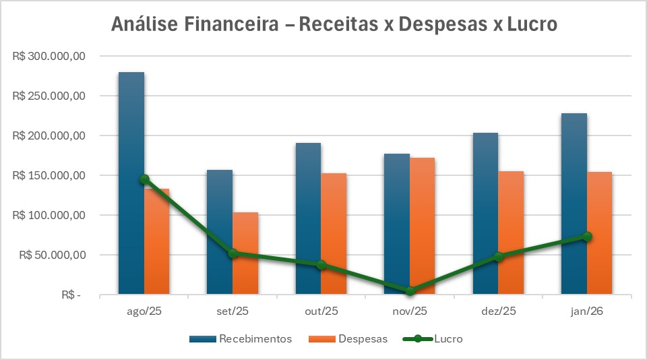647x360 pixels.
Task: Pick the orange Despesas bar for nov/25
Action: click(423, 222)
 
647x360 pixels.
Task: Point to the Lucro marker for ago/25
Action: click(144, 179)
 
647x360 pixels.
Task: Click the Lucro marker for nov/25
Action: click(410, 291)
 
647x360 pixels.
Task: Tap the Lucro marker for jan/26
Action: click(587, 237)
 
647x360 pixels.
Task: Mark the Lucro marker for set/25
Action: click(233, 253)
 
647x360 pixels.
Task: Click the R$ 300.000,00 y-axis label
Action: click(49, 57)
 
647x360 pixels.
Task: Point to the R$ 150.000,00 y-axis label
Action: click(49, 176)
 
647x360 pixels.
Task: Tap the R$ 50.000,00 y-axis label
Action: click(51, 256)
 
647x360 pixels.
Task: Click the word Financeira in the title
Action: click(236, 25)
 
